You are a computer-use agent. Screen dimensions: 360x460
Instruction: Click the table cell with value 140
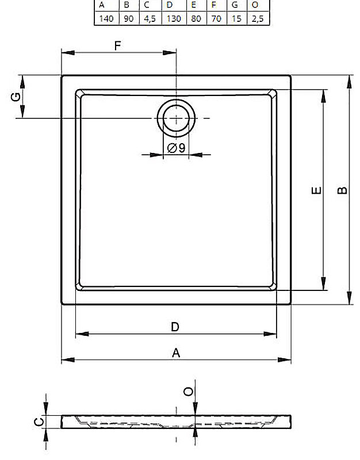(106, 19)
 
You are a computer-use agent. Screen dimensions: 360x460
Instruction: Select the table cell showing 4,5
(150, 19)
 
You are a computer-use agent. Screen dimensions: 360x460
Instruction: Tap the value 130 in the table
(174, 19)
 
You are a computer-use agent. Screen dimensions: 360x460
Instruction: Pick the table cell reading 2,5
(257, 19)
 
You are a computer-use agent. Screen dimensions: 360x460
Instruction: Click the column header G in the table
(235, 5)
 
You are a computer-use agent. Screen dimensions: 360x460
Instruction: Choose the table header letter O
(255, 5)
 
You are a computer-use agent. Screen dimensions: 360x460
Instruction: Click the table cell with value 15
(236, 19)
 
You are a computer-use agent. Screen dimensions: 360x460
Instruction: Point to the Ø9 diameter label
(177, 148)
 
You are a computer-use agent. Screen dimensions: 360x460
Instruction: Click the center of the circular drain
(176, 118)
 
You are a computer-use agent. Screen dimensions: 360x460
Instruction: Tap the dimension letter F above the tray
(117, 46)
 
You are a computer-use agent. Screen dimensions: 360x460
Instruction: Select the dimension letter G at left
(16, 97)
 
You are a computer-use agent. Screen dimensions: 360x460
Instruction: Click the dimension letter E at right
(316, 190)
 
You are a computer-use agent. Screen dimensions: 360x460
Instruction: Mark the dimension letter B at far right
(342, 190)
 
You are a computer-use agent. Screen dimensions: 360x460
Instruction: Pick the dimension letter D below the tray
(175, 327)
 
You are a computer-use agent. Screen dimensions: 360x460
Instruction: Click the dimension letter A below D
(176, 352)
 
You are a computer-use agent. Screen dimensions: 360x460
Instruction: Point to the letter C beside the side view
(39, 422)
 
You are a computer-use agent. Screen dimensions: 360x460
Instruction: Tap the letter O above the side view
(188, 392)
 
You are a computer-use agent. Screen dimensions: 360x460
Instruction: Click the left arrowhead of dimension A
(68, 360)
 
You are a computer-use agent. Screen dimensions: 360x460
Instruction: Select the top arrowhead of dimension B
(349, 82)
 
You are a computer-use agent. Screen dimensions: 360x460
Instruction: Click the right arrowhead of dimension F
(170, 53)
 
